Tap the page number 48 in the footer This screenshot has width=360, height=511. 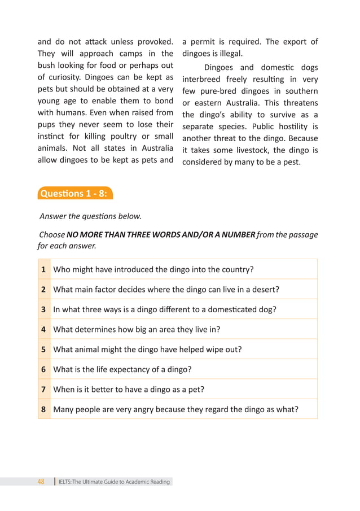point(41,482)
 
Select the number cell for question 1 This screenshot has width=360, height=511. point(43,269)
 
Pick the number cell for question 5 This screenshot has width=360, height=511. point(43,349)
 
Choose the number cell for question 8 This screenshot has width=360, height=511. point(43,409)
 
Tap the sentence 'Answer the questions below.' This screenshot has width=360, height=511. point(90,216)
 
